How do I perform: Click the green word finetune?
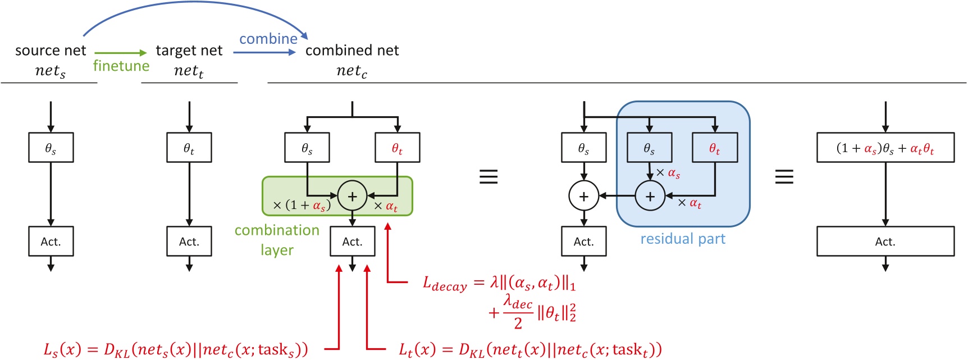(121, 66)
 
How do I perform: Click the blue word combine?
(268, 39)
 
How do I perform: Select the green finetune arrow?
(120, 53)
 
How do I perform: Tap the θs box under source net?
(51, 148)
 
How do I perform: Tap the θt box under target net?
(189, 148)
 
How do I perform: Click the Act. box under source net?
(51, 241)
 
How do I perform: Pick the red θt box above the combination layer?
(397, 148)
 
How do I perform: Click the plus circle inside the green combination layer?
(352, 196)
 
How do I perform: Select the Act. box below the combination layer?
(352, 241)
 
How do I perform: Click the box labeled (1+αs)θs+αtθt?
(885, 148)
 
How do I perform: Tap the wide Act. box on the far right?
(885, 241)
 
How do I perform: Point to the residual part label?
(683, 239)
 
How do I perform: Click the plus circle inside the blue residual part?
(650, 196)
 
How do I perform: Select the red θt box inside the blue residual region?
(714, 148)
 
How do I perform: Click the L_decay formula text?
(499, 284)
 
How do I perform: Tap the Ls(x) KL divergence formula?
(176, 349)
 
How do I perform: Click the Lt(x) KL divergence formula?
(530, 349)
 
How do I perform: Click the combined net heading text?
(351, 51)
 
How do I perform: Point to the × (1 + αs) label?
(302, 205)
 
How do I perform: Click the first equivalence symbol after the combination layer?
(488, 177)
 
